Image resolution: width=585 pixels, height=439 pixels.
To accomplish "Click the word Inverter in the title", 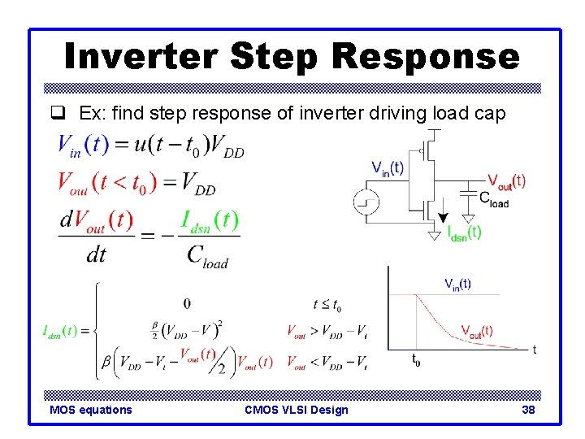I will pyautogui.click(x=141, y=57).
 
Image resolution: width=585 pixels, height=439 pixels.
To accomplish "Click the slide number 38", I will pyautogui.click(x=528, y=410).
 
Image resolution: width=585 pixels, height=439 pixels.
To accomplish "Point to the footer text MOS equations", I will pyautogui.click(x=90, y=410).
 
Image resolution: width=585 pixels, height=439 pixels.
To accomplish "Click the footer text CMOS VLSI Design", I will pyautogui.click(x=296, y=410).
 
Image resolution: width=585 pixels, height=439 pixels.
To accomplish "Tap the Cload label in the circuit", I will pyautogui.click(x=494, y=198).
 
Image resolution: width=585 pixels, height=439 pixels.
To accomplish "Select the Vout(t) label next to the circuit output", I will pyautogui.click(x=506, y=181).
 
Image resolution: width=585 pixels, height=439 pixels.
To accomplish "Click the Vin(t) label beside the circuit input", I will pyautogui.click(x=388, y=168).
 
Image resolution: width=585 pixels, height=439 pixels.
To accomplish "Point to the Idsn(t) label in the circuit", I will pyautogui.click(x=464, y=233).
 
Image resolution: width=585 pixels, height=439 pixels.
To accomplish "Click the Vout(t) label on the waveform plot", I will pyautogui.click(x=476, y=330).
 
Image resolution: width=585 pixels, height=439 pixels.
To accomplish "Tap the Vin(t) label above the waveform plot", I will pyautogui.click(x=457, y=284).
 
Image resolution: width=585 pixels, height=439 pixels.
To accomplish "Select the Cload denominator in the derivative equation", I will pyautogui.click(x=207, y=256).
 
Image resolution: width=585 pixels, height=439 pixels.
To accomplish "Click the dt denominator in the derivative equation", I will pyautogui.click(x=96, y=255).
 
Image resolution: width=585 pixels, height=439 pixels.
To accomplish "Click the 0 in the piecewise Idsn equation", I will pyautogui.click(x=187, y=304).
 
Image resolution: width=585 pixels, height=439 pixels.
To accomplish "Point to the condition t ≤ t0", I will pyautogui.click(x=327, y=305).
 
